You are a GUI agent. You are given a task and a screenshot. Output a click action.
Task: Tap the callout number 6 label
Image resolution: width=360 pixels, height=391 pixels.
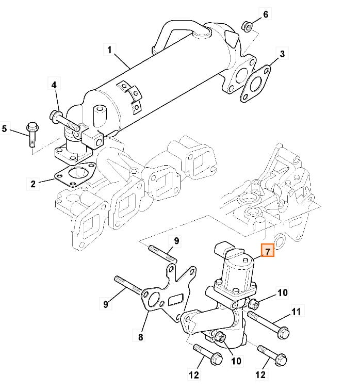click(266, 14)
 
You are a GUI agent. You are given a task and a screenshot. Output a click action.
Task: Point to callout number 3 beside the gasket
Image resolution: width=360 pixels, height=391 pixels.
click(282, 54)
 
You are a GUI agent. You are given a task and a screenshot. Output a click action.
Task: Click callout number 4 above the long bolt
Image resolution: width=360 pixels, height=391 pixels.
click(54, 85)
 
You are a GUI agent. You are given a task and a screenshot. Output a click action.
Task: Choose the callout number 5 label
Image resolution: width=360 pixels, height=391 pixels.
click(4, 128)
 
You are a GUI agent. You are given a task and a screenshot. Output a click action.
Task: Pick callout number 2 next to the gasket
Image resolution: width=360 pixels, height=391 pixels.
click(33, 184)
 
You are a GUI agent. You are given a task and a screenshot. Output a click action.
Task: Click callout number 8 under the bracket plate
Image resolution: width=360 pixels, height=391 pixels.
click(140, 337)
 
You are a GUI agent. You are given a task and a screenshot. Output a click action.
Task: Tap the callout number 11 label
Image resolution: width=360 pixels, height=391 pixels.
click(296, 312)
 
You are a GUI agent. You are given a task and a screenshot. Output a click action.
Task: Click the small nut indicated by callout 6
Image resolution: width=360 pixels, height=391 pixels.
click(247, 26)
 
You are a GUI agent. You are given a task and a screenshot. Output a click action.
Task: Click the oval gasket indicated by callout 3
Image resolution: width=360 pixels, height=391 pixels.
click(255, 84)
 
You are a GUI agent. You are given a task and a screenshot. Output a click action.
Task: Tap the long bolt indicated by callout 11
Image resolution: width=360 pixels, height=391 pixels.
click(268, 324)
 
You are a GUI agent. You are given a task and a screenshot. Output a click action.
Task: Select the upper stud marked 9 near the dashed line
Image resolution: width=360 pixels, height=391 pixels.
click(162, 254)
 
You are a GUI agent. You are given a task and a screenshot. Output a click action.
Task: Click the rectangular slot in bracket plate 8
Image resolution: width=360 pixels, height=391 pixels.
click(176, 300)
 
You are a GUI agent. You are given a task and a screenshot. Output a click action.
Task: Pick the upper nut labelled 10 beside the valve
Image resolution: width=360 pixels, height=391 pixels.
click(253, 303)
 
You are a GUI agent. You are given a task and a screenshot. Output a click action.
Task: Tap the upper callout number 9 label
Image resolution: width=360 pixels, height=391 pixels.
click(176, 241)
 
